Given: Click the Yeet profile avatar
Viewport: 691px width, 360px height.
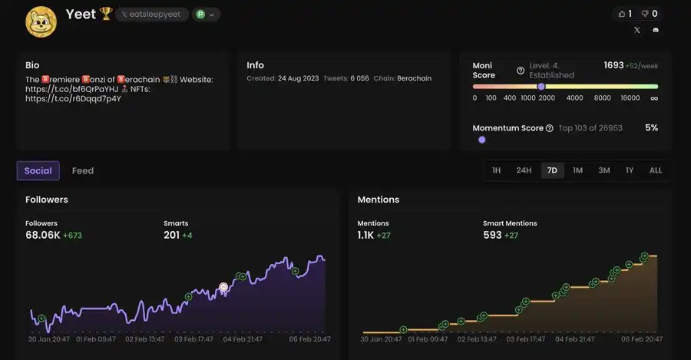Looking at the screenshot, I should click(x=41, y=21).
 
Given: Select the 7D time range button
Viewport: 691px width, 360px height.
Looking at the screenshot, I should click(x=552, y=170).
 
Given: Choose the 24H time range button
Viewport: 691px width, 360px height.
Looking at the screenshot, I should click(x=524, y=170).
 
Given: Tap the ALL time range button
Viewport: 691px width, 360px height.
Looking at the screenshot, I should click(x=656, y=170).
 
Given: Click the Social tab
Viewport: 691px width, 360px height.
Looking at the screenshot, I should click(x=38, y=170).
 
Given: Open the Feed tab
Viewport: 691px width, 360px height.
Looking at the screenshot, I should click(x=83, y=170).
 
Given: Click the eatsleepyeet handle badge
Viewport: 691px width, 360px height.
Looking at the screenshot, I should click(x=152, y=15).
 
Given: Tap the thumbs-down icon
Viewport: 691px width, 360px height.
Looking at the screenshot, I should click(x=645, y=14).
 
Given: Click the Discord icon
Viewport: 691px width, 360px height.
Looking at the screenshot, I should click(x=656, y=31).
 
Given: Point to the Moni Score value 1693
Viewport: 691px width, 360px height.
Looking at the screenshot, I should click(x=613, y=65).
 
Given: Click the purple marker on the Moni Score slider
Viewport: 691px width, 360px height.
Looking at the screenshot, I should click(x=541, y=87).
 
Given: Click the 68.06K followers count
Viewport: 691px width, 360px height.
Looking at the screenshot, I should click(x=42, y=235).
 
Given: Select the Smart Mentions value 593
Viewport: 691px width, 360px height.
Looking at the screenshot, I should click(x=492, y=235).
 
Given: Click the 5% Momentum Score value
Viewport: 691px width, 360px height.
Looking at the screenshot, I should click(x=651, y=127).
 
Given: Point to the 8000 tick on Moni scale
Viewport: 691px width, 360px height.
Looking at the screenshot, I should click(x=602, y=98).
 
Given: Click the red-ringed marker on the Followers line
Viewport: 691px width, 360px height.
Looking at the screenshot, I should click(x=223, y=287).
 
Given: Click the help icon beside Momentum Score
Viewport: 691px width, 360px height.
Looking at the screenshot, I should click(x=549, y=128).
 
